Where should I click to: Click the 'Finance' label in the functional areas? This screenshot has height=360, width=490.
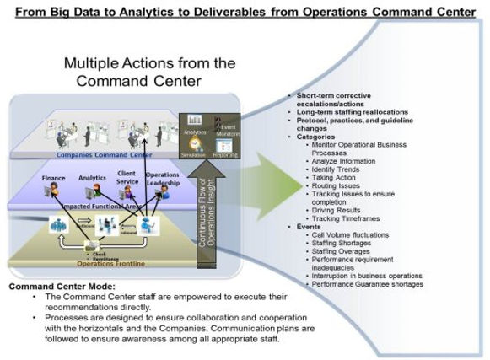click(x=54, y=179)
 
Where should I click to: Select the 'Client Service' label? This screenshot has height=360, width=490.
click(x=127, y=179)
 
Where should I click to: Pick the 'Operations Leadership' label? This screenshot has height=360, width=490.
click(x=161, y=180)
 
